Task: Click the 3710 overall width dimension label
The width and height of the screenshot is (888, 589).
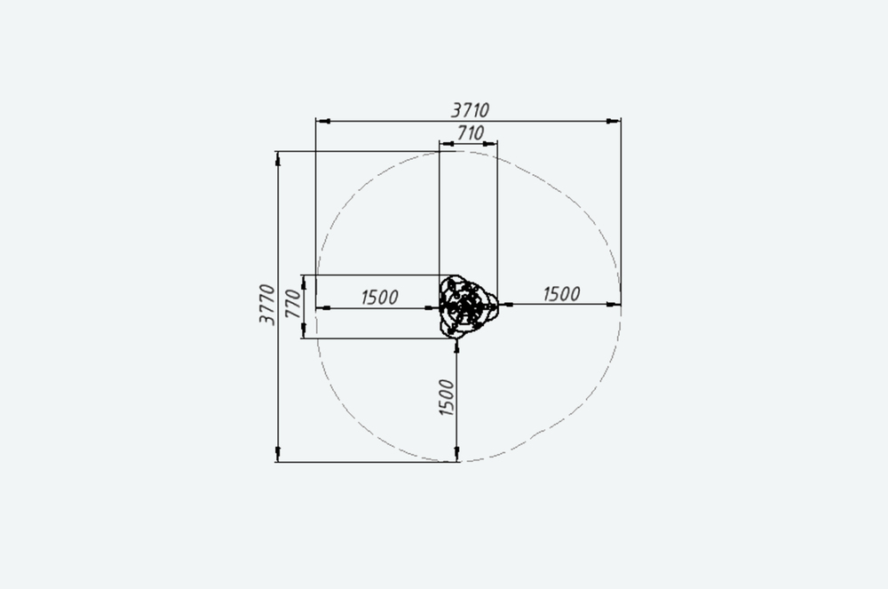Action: pyautogui.click(x=470, y=109)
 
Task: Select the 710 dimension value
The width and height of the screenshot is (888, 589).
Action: pyautogui.click(x=470, y=133)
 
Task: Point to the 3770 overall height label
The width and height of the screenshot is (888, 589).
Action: pyautogui.click(x=266, y=305)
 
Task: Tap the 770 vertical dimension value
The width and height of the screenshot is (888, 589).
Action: pyautogui.click(x=293, y=303)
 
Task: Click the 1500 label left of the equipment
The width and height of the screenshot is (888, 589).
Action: pyautogui.click(x=379, y=297)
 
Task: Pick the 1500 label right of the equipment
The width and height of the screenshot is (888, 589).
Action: pyautogui.click(x=562, y=293)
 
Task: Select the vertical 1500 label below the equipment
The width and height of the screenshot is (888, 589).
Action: pyautogui.click(x=447, y=398)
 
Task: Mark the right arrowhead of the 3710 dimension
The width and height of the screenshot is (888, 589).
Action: pyautogui.click(x=614, y=121)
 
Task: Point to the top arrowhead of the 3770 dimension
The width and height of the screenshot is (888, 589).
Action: pyautogui.click(x=277, y=158)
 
